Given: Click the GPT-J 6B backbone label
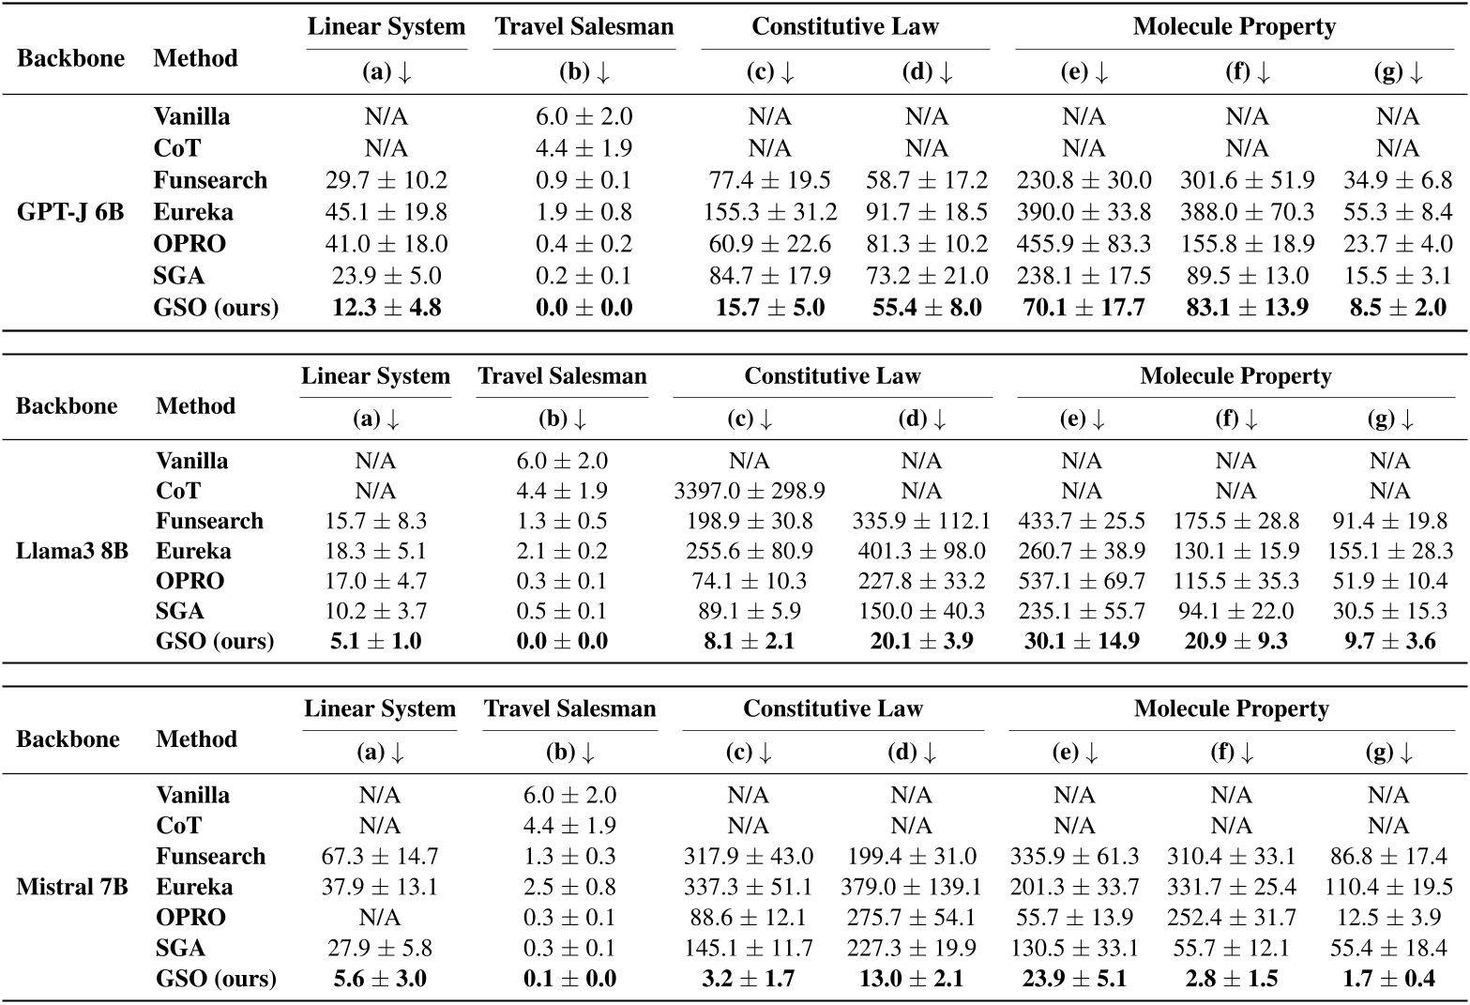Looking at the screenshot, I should click(x=70, y=212).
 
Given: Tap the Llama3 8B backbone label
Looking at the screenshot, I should click(x=71, y=551).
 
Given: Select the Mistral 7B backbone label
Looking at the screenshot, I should click(x=72, y=886).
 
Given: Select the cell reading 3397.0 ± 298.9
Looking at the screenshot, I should click(x=750, y=491).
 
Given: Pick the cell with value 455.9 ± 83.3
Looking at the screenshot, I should click(x=1084, y=244).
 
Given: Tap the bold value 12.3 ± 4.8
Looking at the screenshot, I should click(x=386, y=308).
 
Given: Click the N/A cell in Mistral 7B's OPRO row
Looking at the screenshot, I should click(x=379, y=917).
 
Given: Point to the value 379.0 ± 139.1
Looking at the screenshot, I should click(x=911, y=887).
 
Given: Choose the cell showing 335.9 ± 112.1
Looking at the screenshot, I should click(x=920, y=521).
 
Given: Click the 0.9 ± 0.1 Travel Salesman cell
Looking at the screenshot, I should click(x=583, y=180).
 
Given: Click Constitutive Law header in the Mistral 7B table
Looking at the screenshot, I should click(x=833, y=708).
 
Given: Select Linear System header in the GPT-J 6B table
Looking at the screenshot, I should click(x=386, y=26).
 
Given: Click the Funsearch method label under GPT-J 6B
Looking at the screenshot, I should click(x=210, y=180).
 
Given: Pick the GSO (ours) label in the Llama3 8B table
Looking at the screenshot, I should click(x=215, y=641).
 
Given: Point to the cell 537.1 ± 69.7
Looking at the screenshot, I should click(x=1082, y=581).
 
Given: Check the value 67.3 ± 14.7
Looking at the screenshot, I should click(x=379, y=856).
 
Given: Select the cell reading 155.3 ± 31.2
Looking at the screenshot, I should click(x=769, y=212).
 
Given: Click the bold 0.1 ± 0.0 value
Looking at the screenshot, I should click(x=569, y=979).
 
